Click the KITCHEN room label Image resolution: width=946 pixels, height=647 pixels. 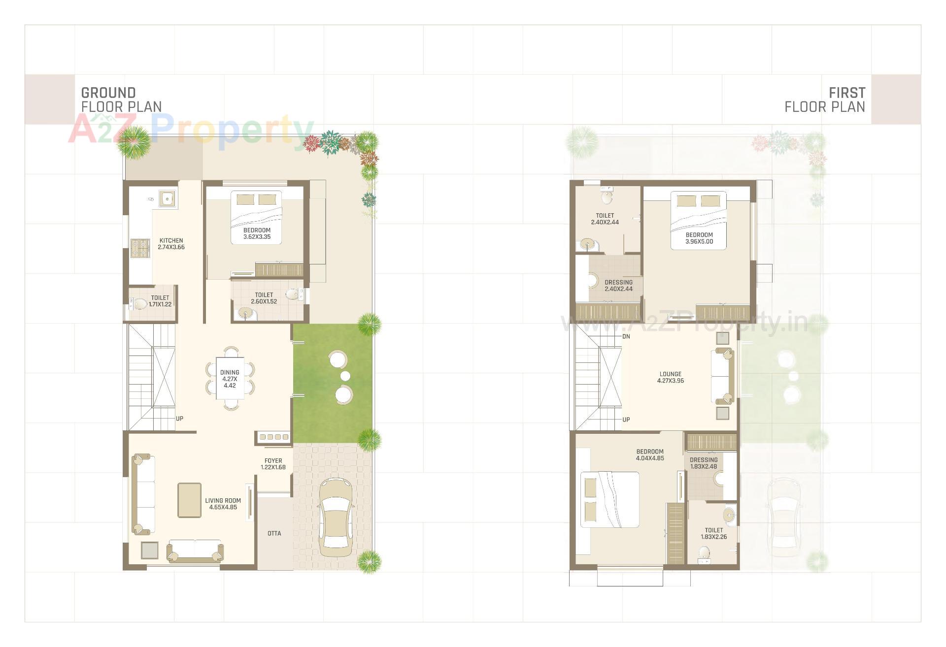[171, 241]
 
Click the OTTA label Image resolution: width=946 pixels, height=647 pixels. [274, 533]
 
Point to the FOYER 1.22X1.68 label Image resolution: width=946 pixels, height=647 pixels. [273, 464]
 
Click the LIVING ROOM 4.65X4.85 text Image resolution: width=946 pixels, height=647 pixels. [223, 504]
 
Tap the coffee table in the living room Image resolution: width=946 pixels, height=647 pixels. [189, 500]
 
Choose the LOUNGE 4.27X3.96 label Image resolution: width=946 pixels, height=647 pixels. [671, 377]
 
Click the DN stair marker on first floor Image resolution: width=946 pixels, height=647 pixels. [626, 337]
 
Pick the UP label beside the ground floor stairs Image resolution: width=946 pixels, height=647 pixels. [179, 419]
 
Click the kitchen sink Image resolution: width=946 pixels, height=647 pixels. [168, 199]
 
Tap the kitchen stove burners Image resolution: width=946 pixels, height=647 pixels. [140, 248]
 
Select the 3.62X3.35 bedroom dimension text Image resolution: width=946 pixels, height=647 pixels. [257, 237]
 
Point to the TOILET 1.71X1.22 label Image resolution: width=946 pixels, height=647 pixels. [160, 301]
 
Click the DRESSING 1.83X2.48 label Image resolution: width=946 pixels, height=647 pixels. [704, 463]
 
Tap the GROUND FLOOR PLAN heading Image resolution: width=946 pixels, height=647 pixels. [121, 99]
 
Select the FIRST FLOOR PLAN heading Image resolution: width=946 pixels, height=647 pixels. [825, 99]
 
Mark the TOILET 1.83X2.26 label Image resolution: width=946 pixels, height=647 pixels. [713, 533]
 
